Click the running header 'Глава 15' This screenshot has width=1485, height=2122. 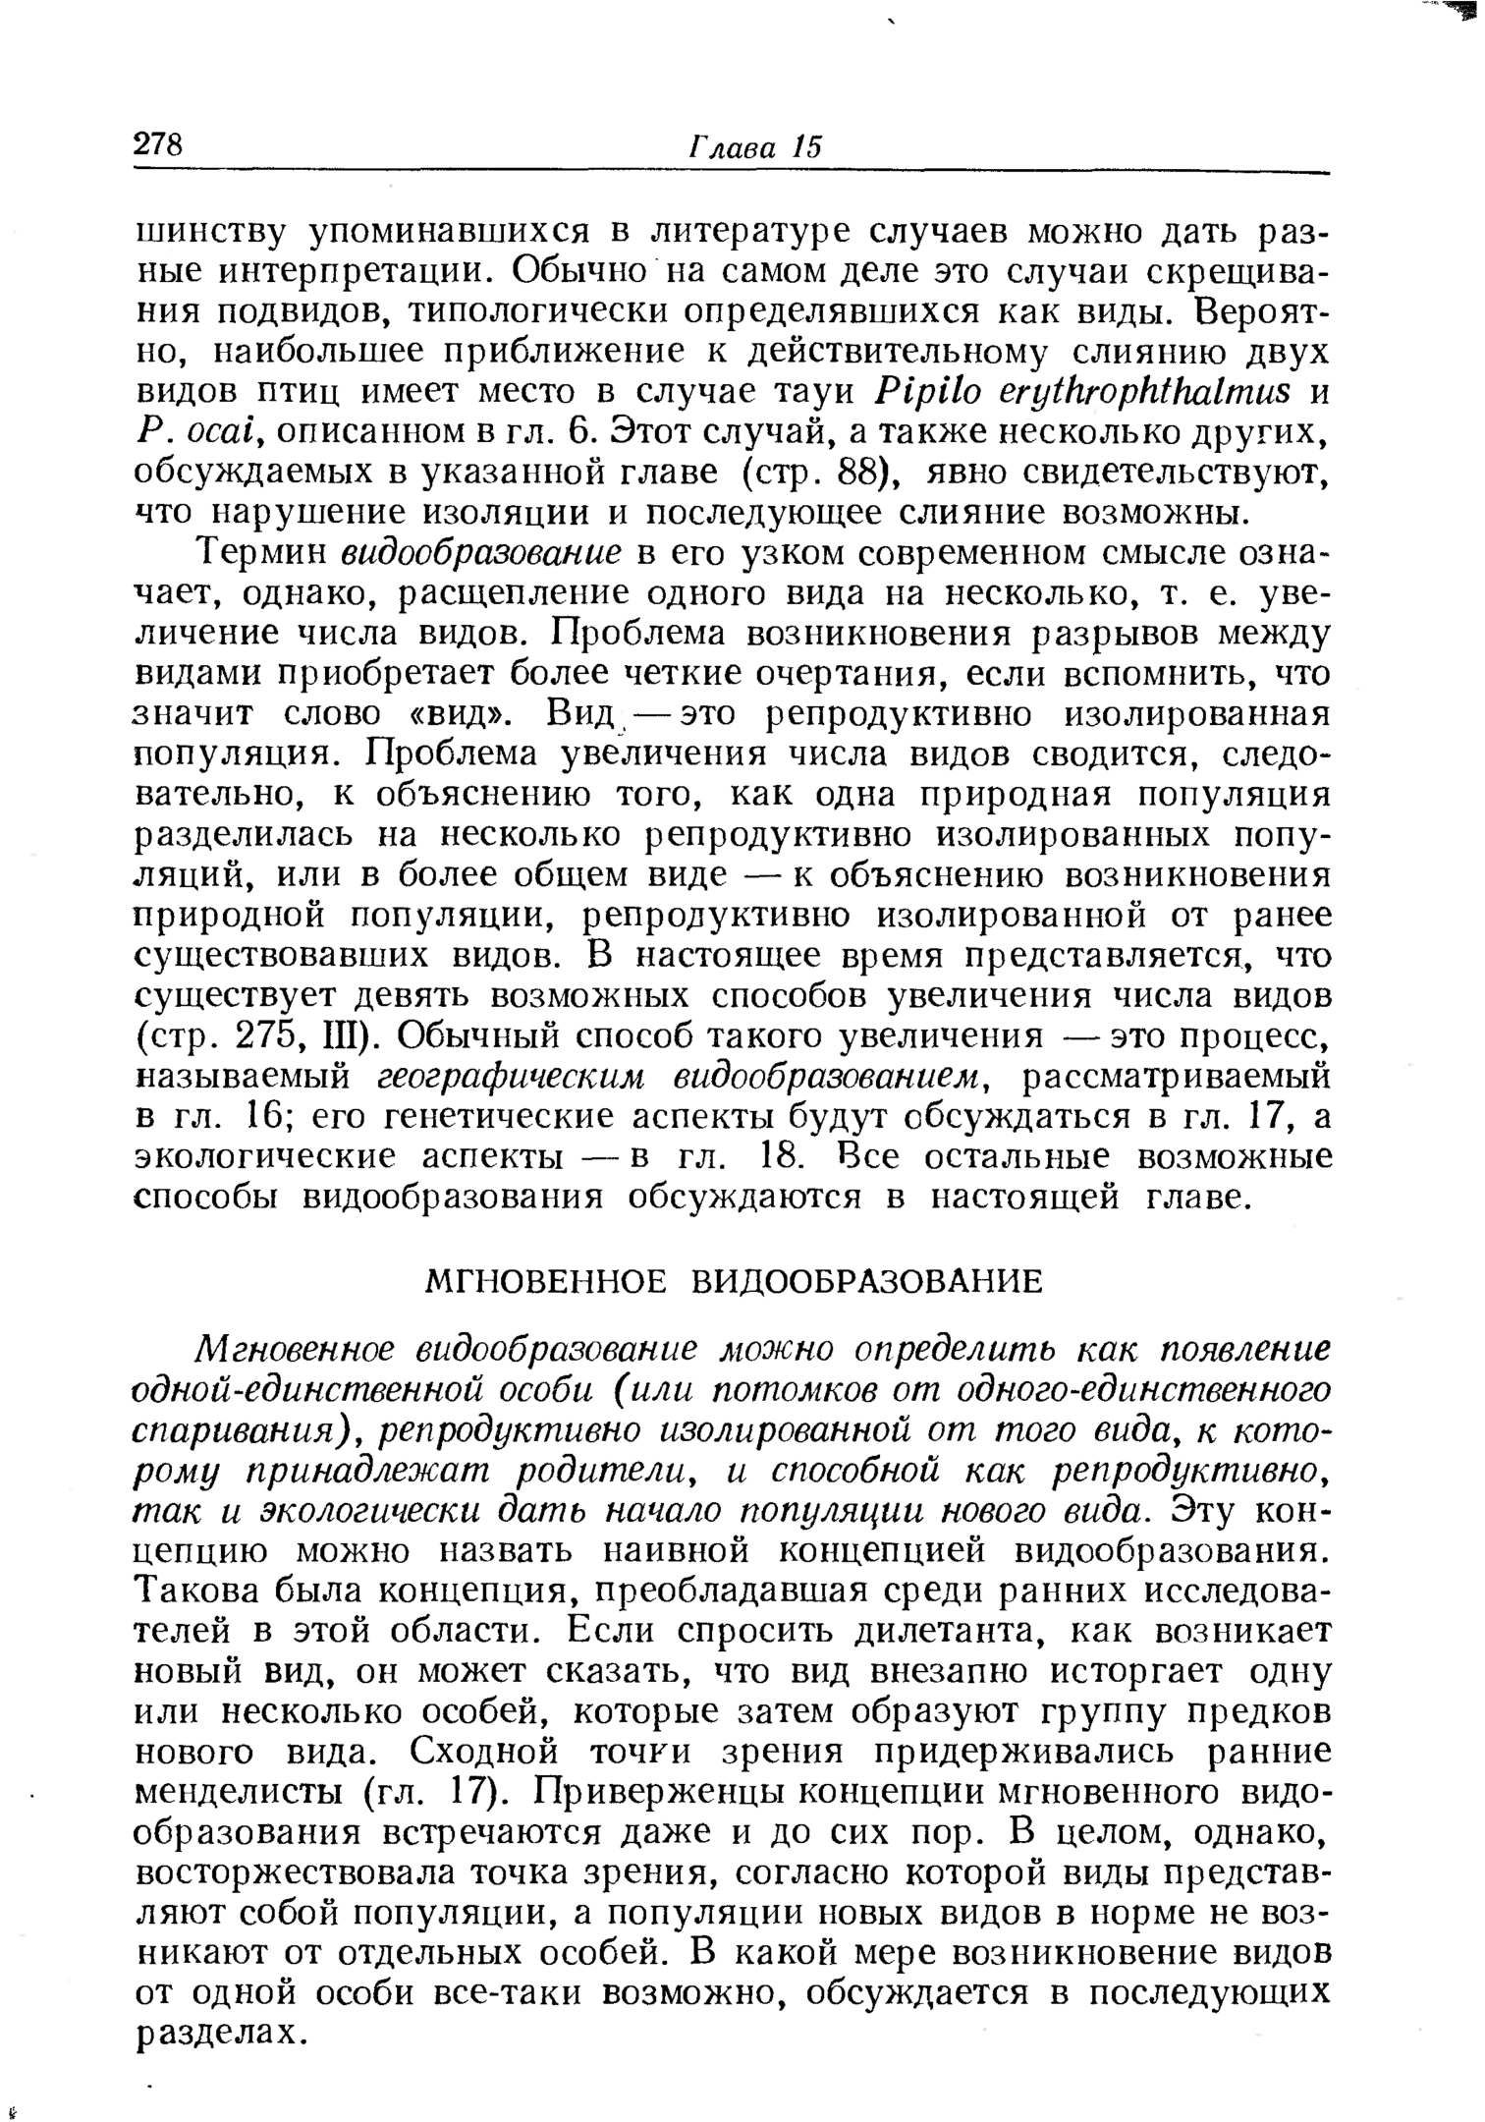pyautogui.click(x=753, y=146)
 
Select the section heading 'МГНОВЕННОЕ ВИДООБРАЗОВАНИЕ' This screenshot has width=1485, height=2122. pyautogui.click(x=734, y=1281)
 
